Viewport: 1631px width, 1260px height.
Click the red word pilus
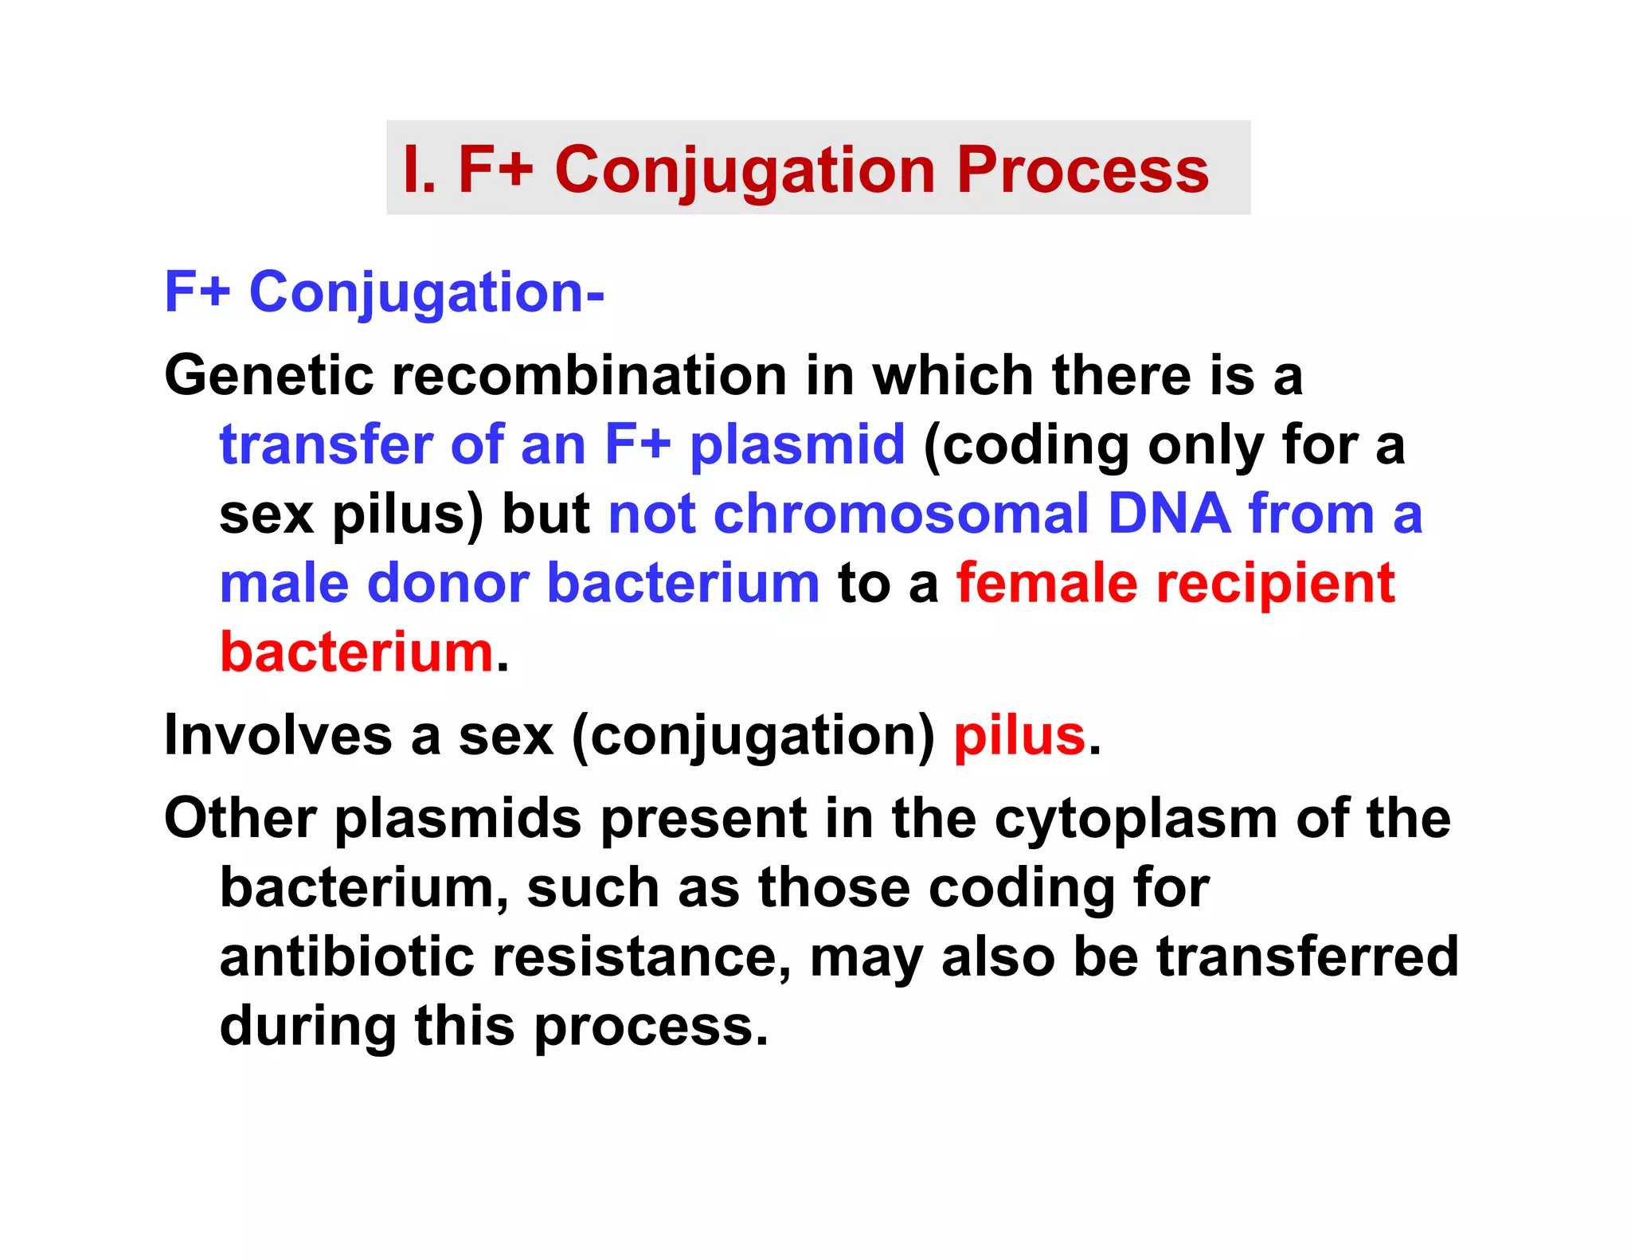click(x=1019, y=735)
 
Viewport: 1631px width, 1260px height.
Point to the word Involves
click(x=278, y=735)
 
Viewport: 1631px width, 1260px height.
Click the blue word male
click(x=284, y=583)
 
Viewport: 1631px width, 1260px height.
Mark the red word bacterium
click(x=357, y=652)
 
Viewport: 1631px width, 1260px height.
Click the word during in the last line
click(x=307, y=1026)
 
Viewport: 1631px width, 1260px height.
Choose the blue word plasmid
click(x=797, y=446)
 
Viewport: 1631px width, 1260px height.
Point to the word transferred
click(x=1307, y=957)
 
